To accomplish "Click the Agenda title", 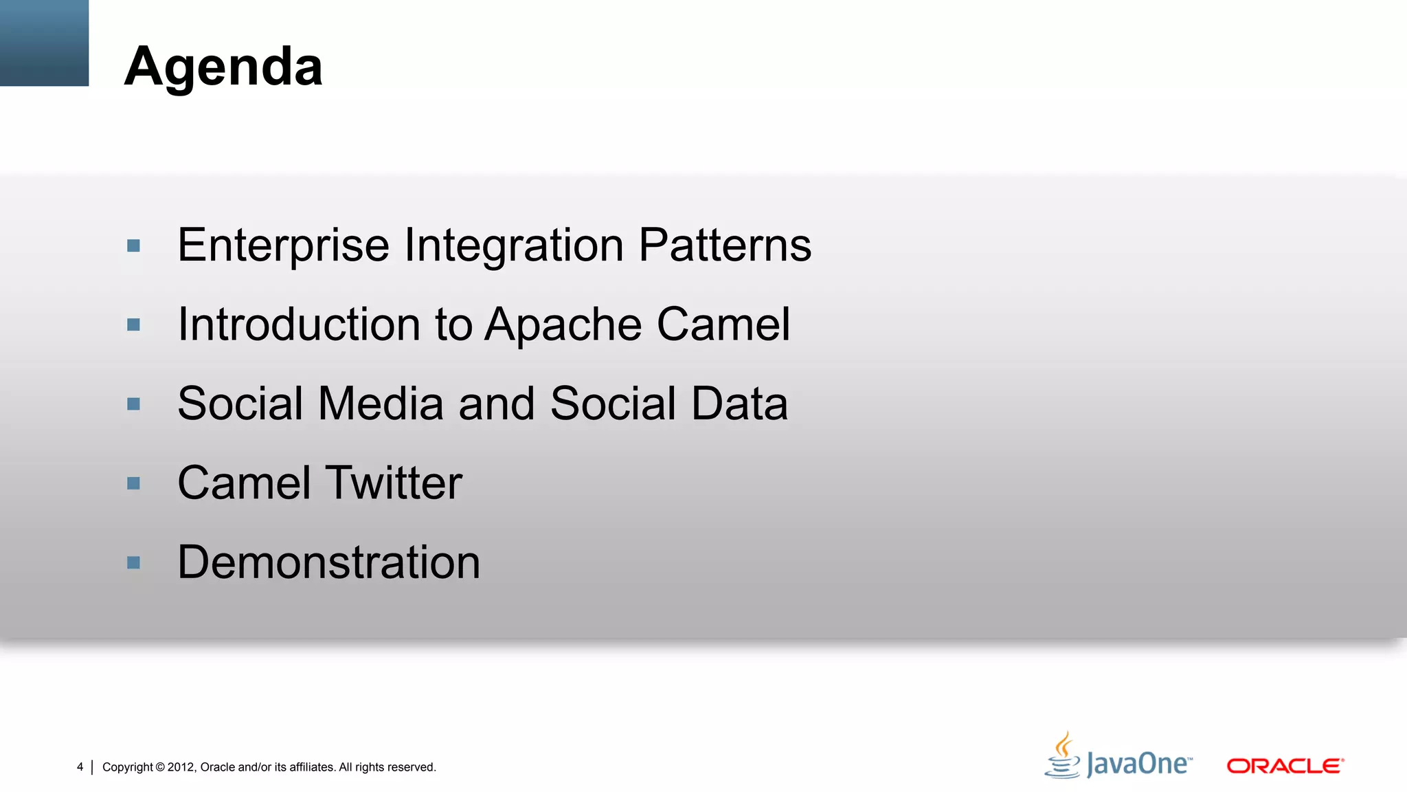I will (223, 67).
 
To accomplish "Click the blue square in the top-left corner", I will (44, 43).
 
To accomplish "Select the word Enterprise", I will (283, 245).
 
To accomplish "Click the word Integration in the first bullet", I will (514, 245).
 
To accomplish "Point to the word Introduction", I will (299, 324).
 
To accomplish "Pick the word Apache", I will (563, 324).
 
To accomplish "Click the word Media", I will (381, 404).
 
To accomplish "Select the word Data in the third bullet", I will (739, 404).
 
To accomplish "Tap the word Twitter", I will (394, 483).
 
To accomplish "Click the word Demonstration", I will (328, 562).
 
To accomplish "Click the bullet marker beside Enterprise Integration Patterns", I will (134, 245).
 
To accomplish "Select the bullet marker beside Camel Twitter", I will (134, 483).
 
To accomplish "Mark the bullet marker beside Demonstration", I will (134, 563).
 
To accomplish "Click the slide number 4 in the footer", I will (80, 767).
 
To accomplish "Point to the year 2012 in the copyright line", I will (181, 767).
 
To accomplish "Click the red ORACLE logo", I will (1285, 766).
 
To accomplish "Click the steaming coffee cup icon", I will (1063, 756).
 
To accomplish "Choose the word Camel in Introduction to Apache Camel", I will (723, 324).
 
